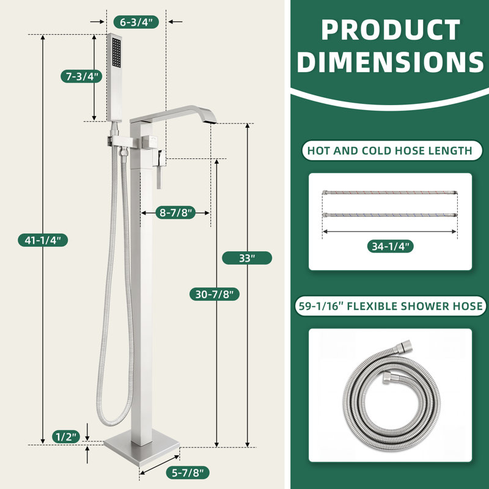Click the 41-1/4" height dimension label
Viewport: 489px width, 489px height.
tap(43, 240)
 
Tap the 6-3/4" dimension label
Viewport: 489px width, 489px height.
tap(136, 22)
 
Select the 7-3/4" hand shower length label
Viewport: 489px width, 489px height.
tap(81, 76)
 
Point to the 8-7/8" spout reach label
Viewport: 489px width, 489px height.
tap(175, 213)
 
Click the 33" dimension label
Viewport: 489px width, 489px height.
tap(247, 258)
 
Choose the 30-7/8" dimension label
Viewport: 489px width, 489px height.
tap(215, 294)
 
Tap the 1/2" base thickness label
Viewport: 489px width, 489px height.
tap(66, 436)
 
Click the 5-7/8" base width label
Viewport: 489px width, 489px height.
tap(188, 472)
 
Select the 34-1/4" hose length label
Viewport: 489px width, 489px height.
tap(390, 246)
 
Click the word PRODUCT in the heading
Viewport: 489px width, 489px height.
tap(391, 30)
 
